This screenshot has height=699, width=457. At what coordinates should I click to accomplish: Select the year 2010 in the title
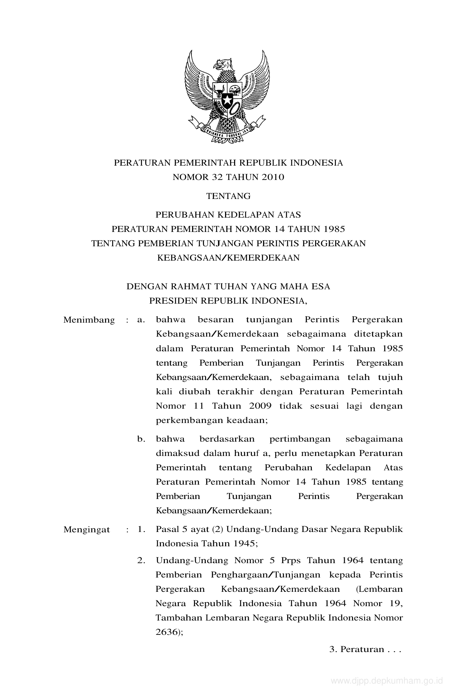[x=272, y=177]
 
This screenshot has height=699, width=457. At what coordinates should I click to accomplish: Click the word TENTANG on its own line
[x=228, y=196]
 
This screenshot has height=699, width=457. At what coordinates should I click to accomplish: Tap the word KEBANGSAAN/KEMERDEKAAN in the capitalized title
[x=228, y=258]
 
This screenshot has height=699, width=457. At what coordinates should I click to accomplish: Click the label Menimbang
[x=89, y=320]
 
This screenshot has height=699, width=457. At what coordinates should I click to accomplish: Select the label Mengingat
[x=86, y=529]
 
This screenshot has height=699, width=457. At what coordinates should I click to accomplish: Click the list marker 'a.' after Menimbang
[x=141, y=320]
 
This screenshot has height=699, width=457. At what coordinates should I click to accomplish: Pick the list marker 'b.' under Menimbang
[x=141, y=439]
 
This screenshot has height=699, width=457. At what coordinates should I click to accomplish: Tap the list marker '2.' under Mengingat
[x=141, y=560]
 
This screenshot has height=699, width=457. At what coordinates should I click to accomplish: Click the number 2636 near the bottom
[x=167, y=632]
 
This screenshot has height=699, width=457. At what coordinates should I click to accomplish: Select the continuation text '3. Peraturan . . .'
[x=365, y=649]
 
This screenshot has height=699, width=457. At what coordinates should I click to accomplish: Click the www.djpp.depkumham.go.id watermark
[x=387, y=681]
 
